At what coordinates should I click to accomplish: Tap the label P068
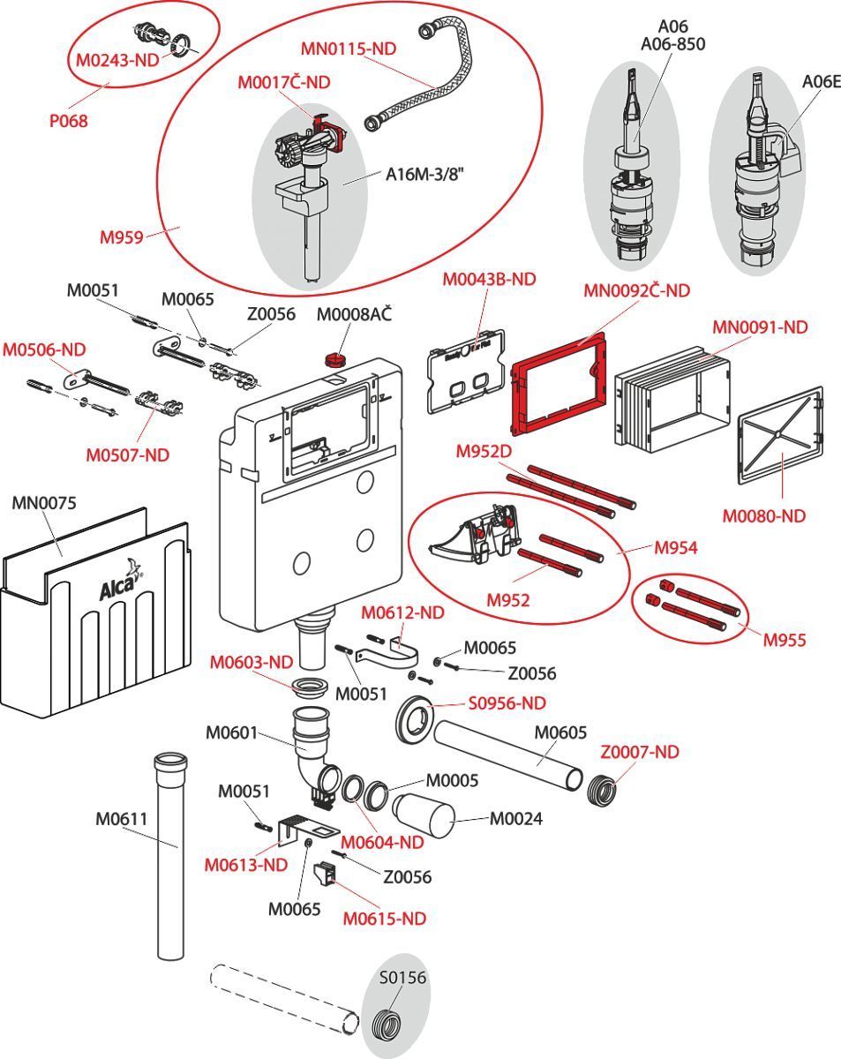tap(68, 121)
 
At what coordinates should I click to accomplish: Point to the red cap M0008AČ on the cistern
tap(334, 358)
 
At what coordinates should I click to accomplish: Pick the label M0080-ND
tap(763, 516)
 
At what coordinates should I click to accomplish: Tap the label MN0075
tap(44, 503)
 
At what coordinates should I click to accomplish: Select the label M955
tap(785, 640)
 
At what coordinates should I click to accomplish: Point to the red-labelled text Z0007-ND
tap(640, 752)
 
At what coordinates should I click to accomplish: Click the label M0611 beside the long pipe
tap(121, 819)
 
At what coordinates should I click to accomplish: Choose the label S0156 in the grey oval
tap(402, 978)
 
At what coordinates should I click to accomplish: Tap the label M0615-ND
tap(384, 919)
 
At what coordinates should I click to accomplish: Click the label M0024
tap(515, 819)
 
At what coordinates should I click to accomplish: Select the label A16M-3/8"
tap(424, 174)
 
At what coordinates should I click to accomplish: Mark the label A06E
tap(821, 81)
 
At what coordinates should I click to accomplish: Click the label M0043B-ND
tap(489, 279)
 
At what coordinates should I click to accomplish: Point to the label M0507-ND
tap(127, 455)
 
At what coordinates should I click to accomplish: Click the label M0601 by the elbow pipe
tap(231, 732)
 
